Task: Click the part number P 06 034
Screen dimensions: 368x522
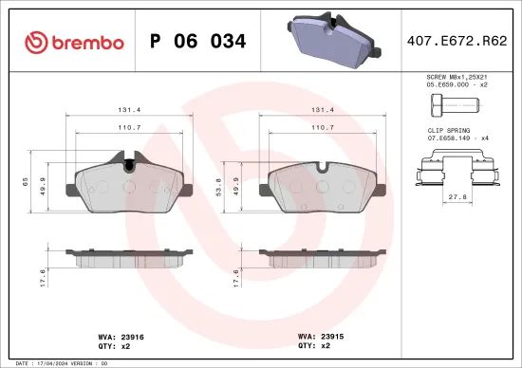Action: [x=199, y=42]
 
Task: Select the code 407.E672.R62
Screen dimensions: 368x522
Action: [x=455, y=42]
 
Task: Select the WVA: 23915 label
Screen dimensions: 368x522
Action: [x=321, y=336]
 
